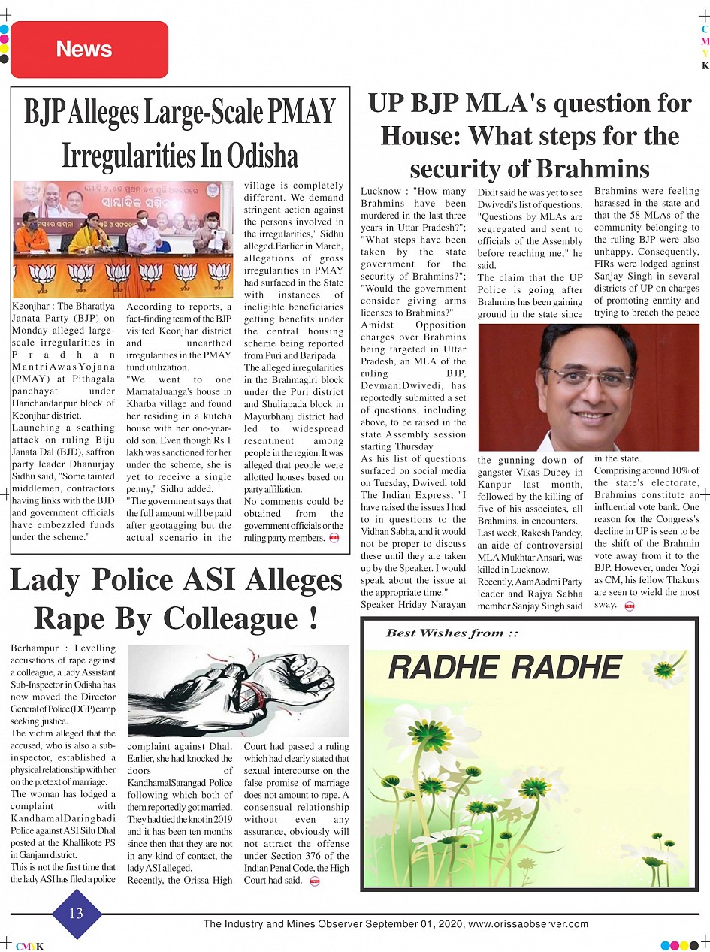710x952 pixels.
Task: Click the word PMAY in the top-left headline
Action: [x=301, y=113]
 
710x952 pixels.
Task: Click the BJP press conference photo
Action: [x=123, y=239]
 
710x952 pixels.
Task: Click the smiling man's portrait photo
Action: [x=588, y=386]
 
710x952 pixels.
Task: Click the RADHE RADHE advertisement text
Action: [x=504, y=667]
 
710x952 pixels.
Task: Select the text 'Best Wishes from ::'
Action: [x=452, y=633]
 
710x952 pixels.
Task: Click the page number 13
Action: [x=76, y=914]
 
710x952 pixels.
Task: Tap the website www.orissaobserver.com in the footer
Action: [x=528, y=924]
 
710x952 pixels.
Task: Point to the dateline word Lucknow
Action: [x=381, y=192]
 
